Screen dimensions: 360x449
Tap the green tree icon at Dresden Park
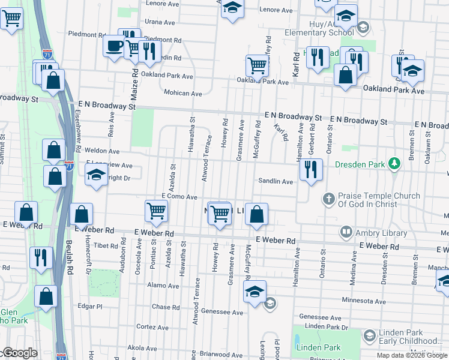pyautogui.click(x=394, y=163)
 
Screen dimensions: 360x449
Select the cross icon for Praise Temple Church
pyautogui.click(x=328, y=198)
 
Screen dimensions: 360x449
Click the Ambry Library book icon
pyautogui.click(x=346, y=231)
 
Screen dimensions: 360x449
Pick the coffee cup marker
pyautogui.click(x=113, y=46)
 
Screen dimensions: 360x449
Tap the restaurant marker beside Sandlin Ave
pyautogui.click(x=310, y=168)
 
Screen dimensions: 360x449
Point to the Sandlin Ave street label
pyautogui.click(x=276, y=181)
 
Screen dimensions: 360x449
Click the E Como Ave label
pyautogui.click(x=179, y=197)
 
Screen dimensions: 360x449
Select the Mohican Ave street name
pyautogui.click(x=182, y=93)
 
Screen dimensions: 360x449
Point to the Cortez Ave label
pyautogui.click(x=155, y=327)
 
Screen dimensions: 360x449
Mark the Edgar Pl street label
pyautogui.click(x=91, y=306)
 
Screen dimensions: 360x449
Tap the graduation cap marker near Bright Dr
pyautogui.click(x=95, y=176)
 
